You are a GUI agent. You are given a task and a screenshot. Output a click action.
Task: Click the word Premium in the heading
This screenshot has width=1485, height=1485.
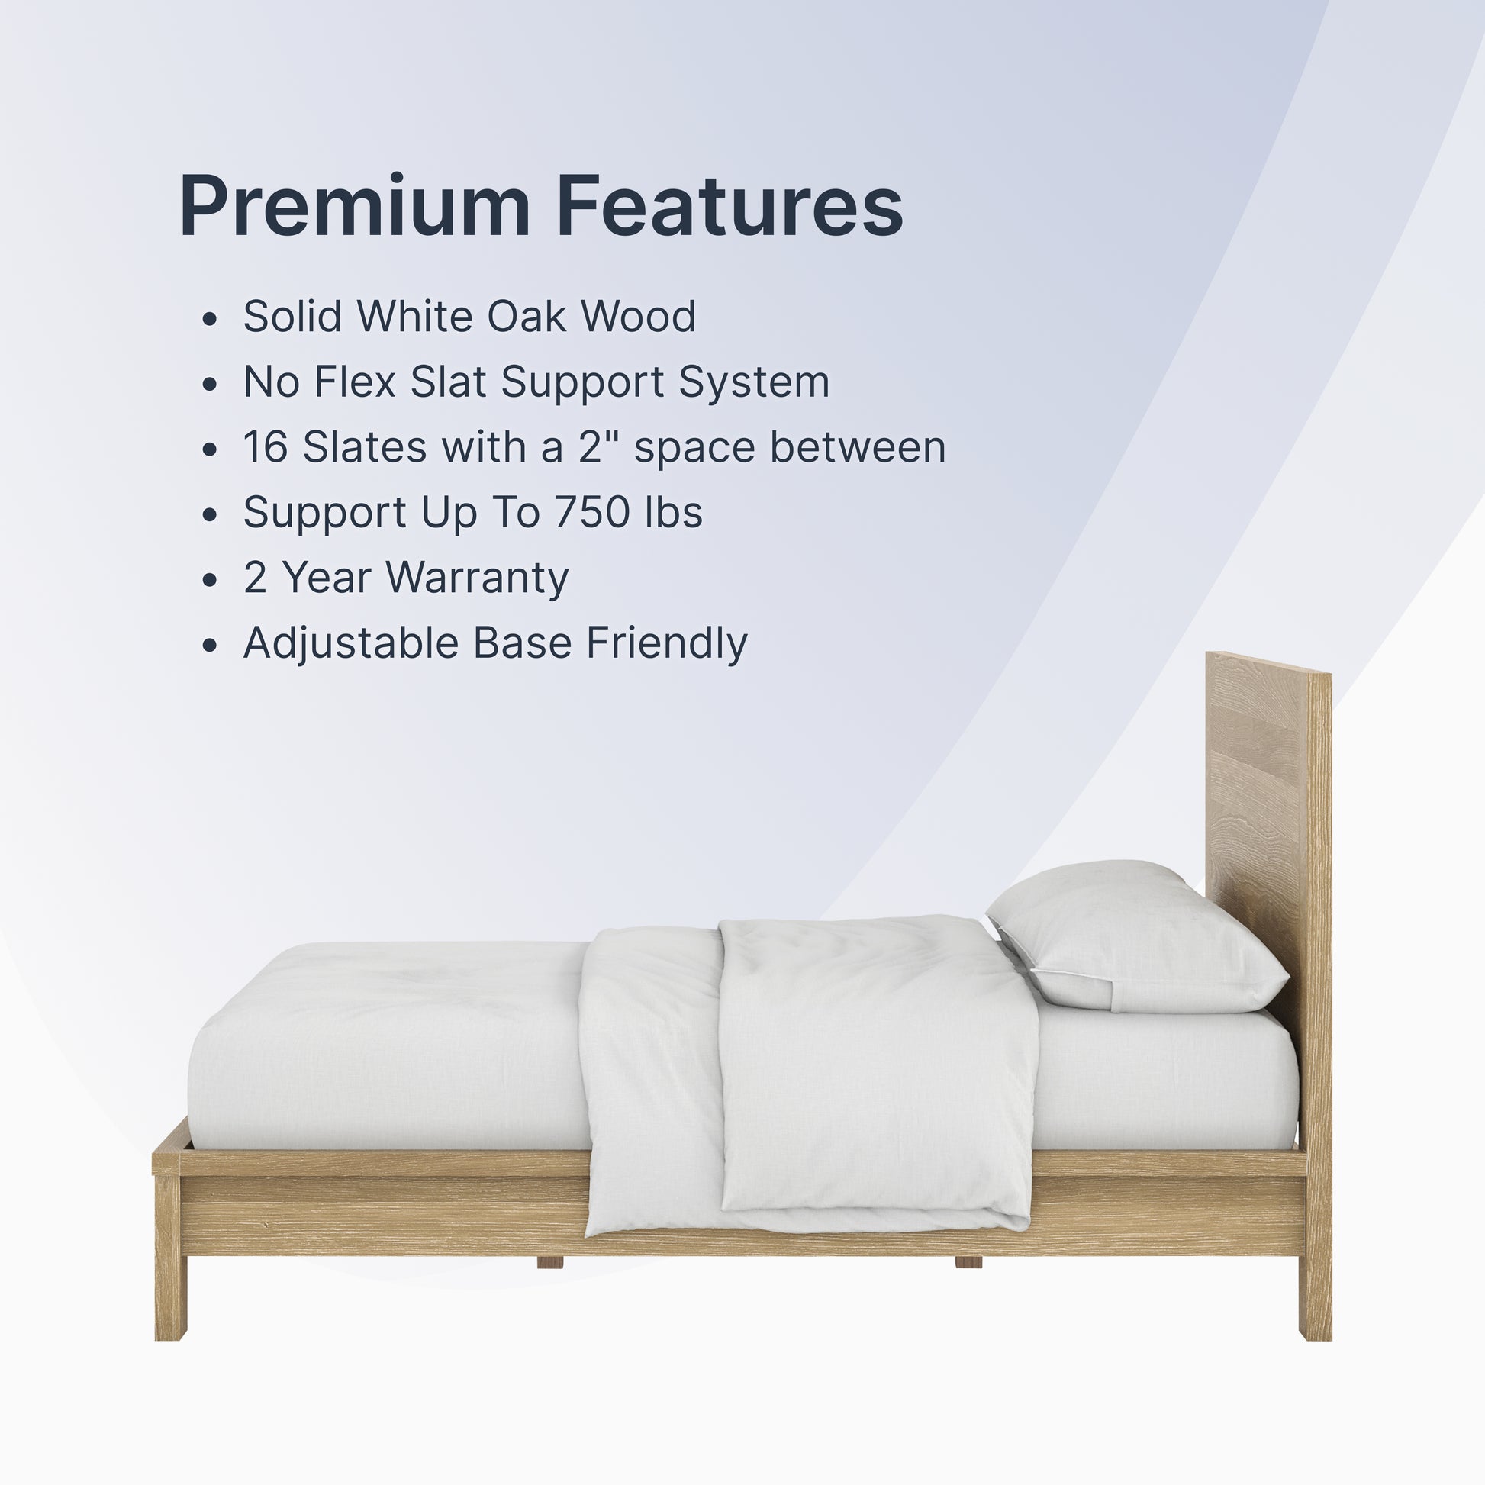coord(354,205)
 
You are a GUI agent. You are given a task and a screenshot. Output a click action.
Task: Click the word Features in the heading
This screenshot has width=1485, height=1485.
coord(730,205)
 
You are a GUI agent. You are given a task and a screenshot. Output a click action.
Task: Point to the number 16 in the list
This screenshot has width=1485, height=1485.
coord(266,446)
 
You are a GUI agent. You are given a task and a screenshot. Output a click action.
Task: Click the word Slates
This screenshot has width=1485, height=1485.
coord(364,446)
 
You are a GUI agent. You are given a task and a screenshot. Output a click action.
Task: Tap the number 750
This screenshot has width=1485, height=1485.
coord(592,512)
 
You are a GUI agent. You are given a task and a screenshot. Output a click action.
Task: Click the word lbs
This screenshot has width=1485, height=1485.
coord(673,512)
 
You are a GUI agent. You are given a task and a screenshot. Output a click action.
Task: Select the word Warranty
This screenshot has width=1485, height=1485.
coord(476,578)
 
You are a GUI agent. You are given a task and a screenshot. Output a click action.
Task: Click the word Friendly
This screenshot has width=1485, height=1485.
coord(666,643)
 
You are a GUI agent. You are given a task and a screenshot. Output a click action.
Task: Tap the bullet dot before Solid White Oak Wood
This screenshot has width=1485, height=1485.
coord(210,318)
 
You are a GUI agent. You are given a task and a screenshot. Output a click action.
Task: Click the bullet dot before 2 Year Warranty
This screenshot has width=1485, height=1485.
coord(210,579)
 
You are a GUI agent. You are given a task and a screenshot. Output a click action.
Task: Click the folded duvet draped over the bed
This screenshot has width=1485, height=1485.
coord(807,1076)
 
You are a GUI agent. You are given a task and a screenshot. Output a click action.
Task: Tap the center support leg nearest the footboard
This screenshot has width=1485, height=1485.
coord(549,1262)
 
